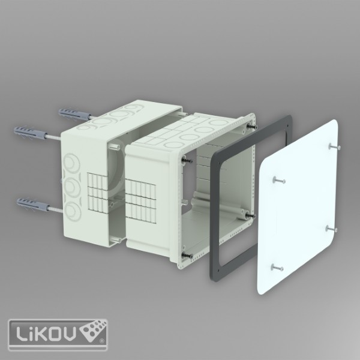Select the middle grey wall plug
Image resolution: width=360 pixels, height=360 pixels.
pyautogui.click(x=31, y=132)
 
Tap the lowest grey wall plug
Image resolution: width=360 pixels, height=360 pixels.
pyautogui.click(x=33, y=205)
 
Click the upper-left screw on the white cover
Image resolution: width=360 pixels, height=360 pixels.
pyautogui.click(x=279, y=180)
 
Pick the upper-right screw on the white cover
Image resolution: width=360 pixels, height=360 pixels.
pyautogui.click(x=335, y=146)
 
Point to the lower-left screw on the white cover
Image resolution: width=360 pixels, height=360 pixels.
pyautogui.click(x=277, y=268)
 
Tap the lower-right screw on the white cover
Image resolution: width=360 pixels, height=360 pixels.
pyautogui.click(x=331, y=229)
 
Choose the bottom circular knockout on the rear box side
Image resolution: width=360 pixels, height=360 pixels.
pyautogui.click(x=73, y=211)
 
